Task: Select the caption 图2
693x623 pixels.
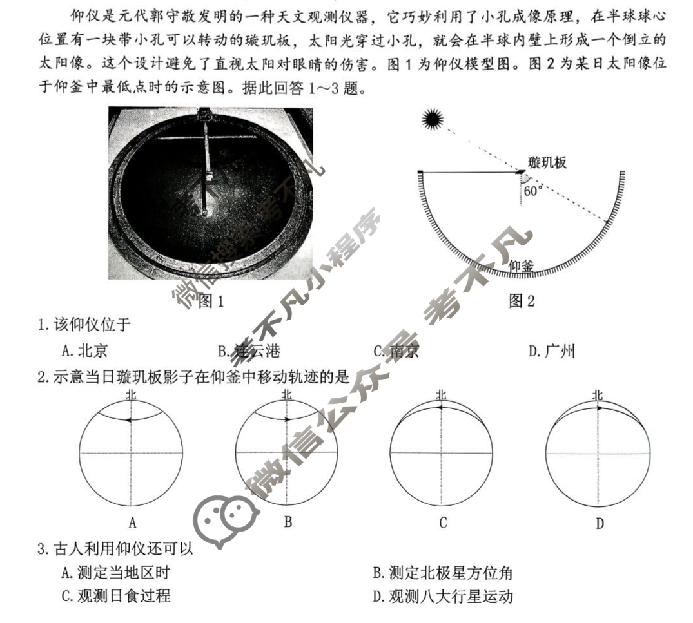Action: pyautogui.click(x=522, y=300)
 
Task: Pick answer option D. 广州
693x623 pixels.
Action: pyautogui.click(x=551, y=351)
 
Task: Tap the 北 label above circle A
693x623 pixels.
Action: pyautogui.click(x=131, y=394)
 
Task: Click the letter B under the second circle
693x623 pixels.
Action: pyautogui.click(x=288, y=521)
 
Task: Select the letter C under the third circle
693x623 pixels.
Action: pyautogui.click(x=443, y=522)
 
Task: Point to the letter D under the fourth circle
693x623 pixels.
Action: pyautogui.click(x=600, y=522)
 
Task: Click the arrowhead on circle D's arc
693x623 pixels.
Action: pyautogui.click(x=600, y=408)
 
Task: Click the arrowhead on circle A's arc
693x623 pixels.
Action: pyautogui.click(x=129, y=419)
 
